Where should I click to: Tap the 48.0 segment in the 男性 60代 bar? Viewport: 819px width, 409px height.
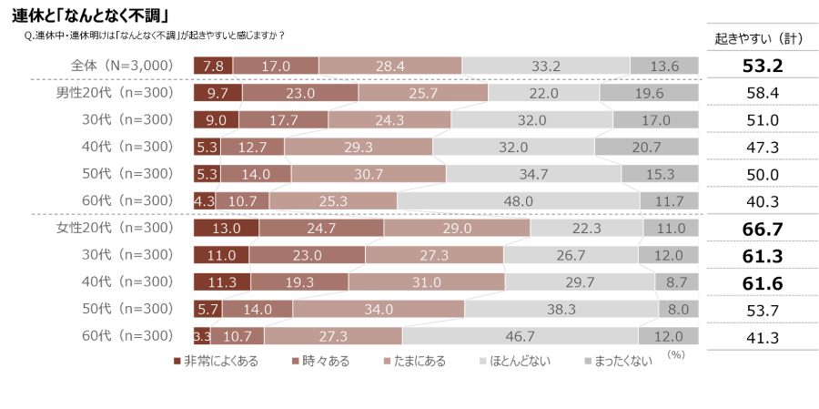pos(518,200)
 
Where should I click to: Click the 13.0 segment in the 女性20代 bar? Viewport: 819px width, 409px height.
pos(226,228)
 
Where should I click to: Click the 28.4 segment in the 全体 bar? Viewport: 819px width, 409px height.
pos(390,66)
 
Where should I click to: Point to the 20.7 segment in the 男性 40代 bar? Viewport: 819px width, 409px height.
pos(646,147)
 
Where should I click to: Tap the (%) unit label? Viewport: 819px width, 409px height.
pos(676,353)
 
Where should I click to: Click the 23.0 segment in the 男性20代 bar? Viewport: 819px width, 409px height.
pos(300,93)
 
